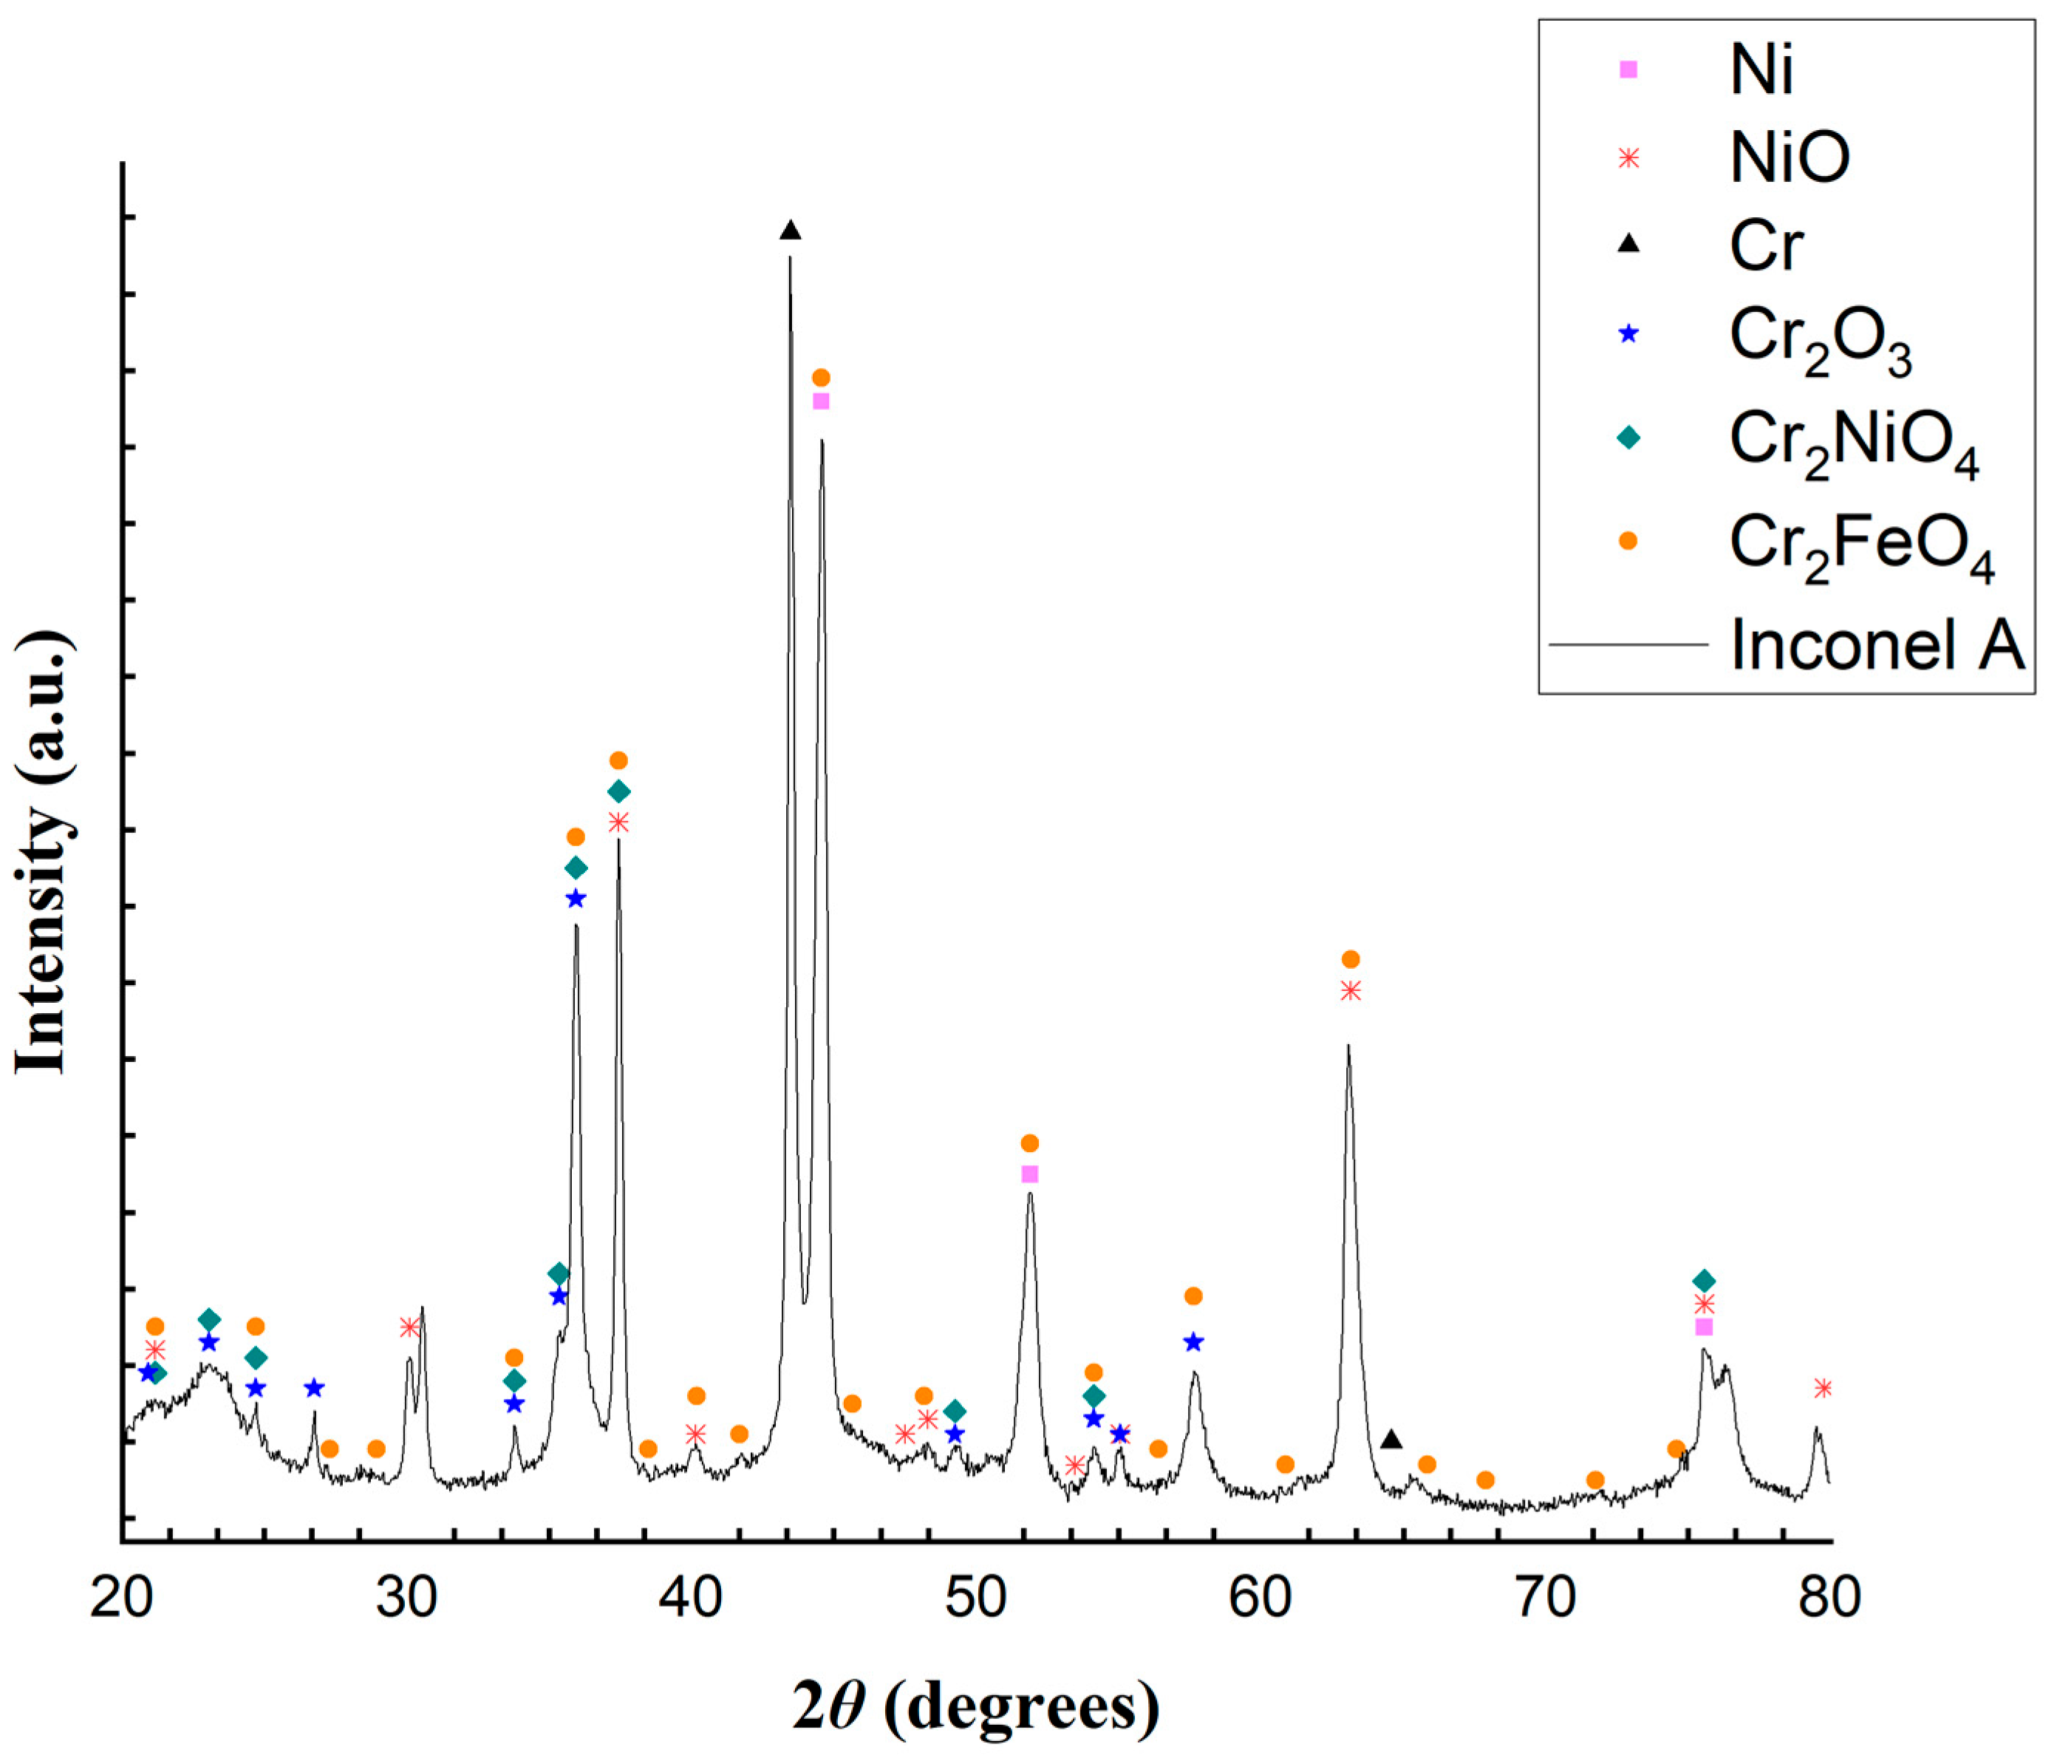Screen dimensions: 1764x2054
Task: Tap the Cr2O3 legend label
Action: coord(1819,341)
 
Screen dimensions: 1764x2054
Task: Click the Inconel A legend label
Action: coord(1877,644)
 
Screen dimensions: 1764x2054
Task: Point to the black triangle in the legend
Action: coord(1628,244)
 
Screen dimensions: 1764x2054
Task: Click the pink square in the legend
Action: coord(1628,69)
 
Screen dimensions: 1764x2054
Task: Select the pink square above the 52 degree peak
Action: coord(1029,1174)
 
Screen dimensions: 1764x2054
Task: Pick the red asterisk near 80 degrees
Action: coord(1822,1388)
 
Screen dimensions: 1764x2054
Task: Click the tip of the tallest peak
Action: coord(790,258)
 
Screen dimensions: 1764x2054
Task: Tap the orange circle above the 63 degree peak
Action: coord(1350,958)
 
